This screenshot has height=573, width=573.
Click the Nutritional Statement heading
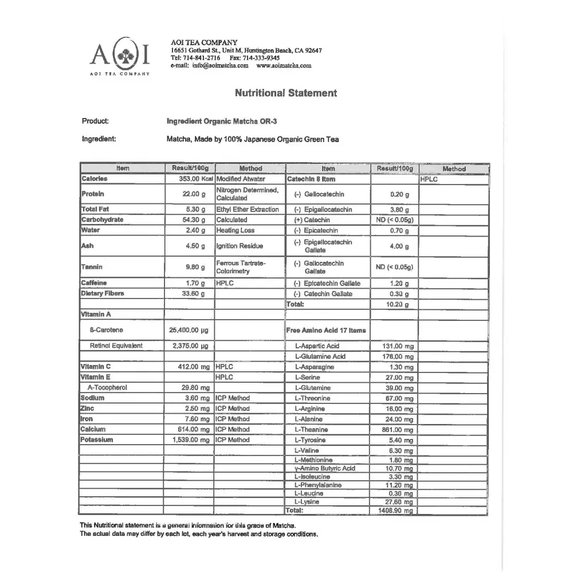(286, 93)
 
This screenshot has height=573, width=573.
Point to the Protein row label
(92, 194)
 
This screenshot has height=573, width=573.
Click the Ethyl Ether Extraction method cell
(248, 209)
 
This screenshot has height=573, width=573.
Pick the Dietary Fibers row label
(103, 293)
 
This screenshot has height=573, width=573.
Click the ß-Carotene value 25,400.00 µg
(189, 330)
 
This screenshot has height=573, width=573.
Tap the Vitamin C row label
(95, 366)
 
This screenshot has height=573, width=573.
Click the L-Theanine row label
(311, 429)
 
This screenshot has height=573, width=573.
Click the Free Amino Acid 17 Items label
(325, 330)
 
